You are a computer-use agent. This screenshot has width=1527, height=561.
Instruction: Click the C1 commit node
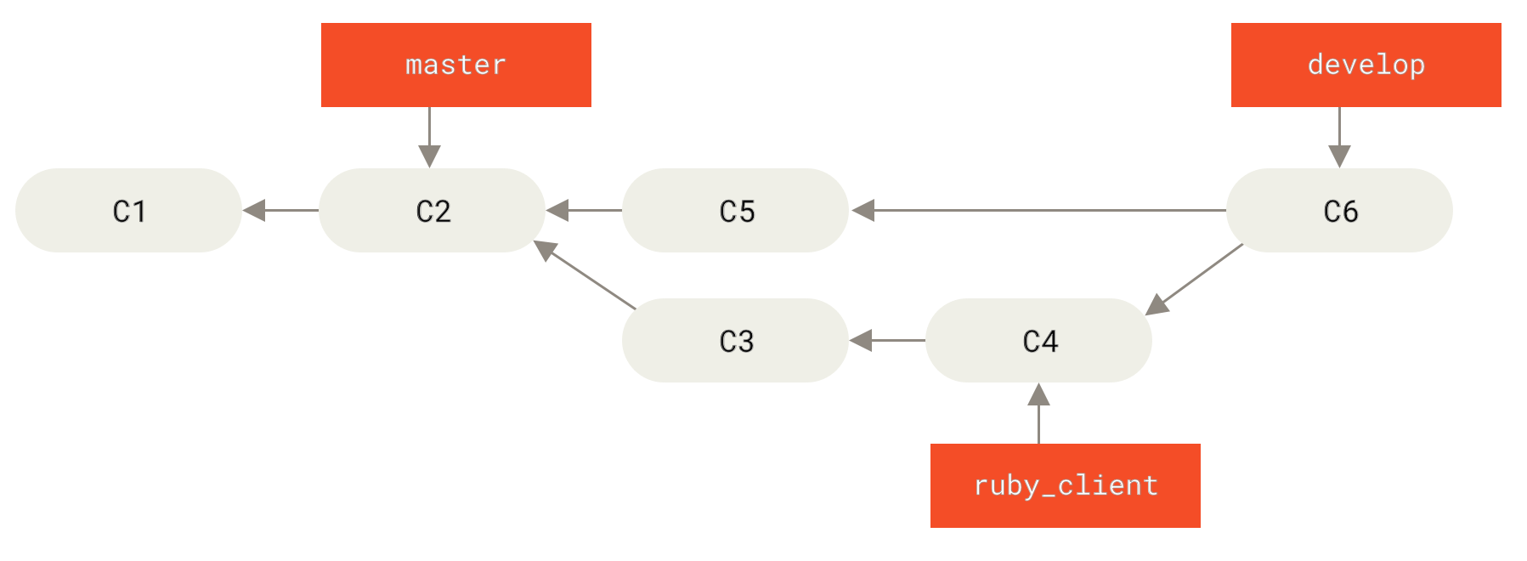click(x=128, y=210)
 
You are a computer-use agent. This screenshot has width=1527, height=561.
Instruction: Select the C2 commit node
click(x=432, y=210)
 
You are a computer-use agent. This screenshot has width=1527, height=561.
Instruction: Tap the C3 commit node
click(x=735, y=340)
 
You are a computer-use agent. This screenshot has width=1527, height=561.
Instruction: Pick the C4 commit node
click(x=1038, y=340)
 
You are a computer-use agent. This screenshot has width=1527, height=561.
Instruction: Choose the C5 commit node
click(x=735, y=210)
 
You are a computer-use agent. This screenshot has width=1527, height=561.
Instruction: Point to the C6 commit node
click(x=1339, y=210)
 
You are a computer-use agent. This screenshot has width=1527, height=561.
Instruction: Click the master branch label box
click(x=455, y=65)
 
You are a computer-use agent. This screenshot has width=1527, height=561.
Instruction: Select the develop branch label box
click(x=1366, y=65)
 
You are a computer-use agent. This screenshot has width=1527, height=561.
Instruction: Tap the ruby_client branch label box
click(x=1065, y=485)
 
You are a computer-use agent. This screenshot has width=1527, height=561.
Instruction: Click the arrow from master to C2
click(x=429, y=136)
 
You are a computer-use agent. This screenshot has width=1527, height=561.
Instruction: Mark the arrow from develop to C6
click(x=1339, y=136)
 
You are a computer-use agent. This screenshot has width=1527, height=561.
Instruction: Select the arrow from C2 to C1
click(x=280, y=210)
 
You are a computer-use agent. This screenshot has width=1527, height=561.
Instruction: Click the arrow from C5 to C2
click(x=584, y=210)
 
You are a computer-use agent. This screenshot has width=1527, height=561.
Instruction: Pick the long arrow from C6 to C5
click(x=1037, y=210)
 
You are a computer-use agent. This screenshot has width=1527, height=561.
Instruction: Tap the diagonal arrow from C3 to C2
click(x=586, y=275)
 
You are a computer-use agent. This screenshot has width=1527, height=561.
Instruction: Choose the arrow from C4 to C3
click(x=887, y=340)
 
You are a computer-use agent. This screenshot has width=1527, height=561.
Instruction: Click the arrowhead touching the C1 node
click(x=254, y=210)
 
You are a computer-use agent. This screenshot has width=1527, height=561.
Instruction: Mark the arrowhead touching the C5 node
click(x=862, y=210)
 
